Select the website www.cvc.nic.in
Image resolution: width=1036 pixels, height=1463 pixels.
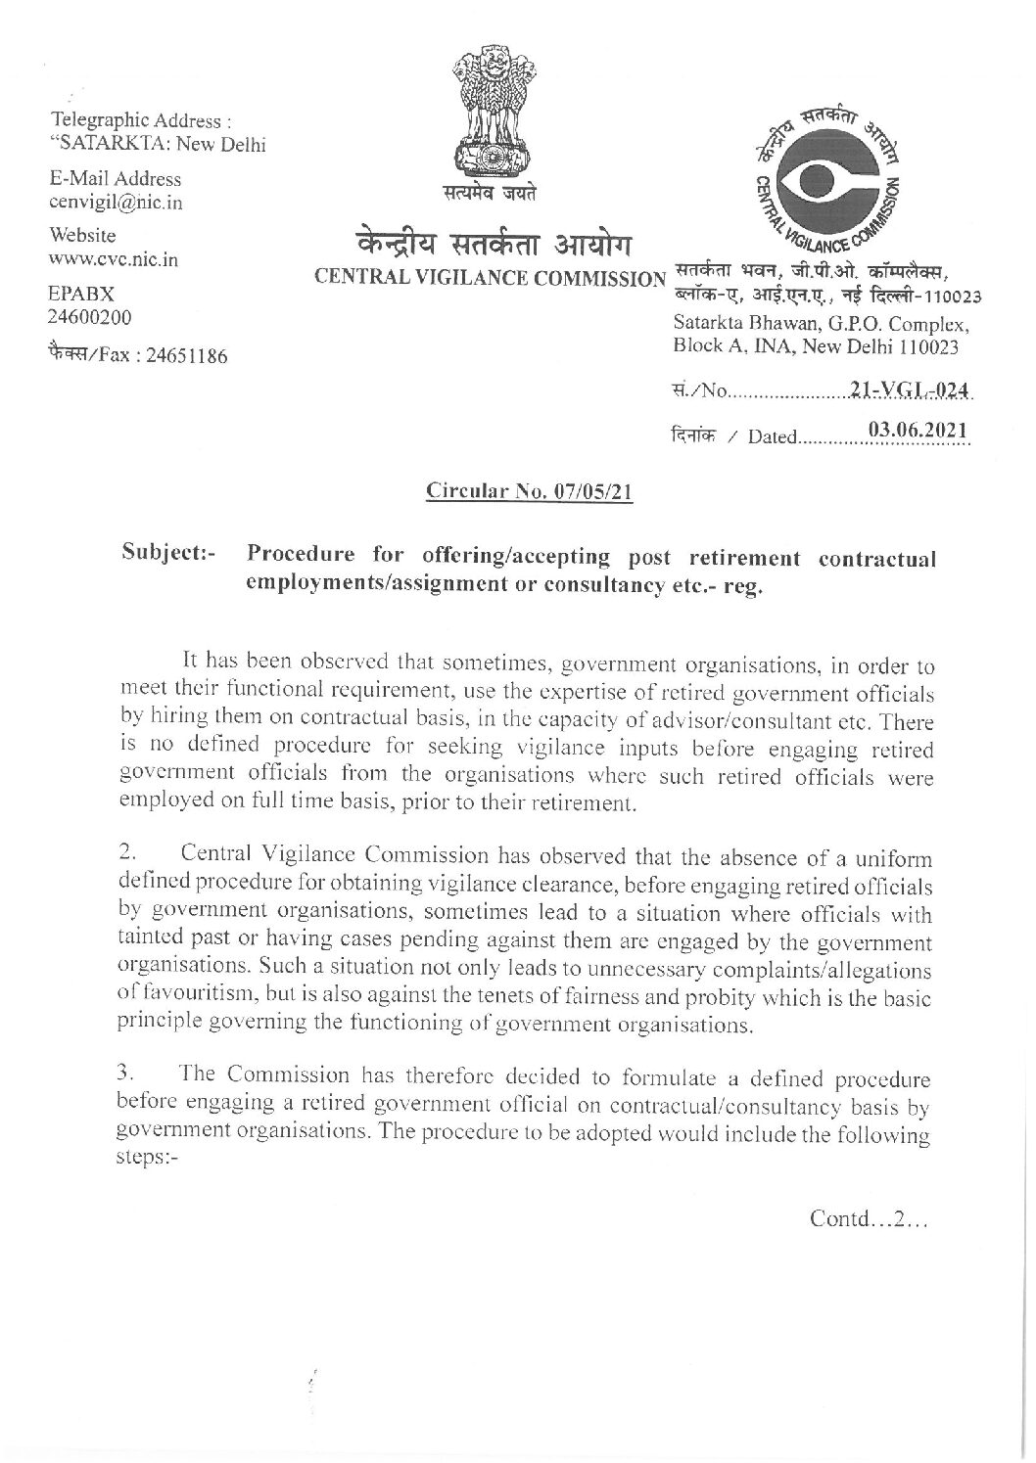click(x=114, y=260)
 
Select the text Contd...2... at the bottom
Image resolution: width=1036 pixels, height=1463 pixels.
click(x=869, y=1219)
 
